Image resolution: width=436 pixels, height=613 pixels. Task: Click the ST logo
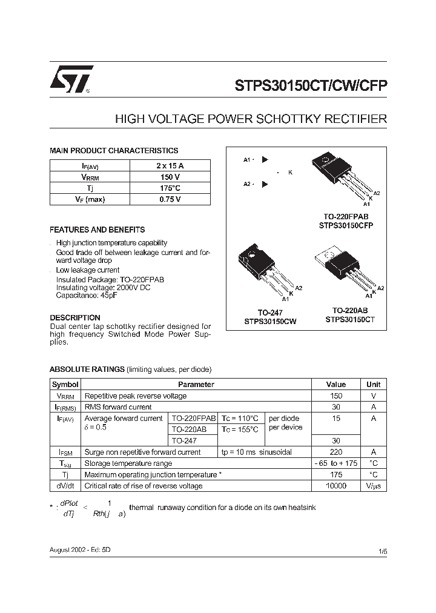(x=71, y=79)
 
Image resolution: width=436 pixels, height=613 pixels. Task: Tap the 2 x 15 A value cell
(x=170, y=165)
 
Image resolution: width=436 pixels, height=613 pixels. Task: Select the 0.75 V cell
(x=170, y=199)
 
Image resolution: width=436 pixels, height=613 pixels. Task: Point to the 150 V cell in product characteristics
(x=170, y=177)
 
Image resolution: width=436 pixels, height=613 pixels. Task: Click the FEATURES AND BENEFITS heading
(x=97, y=230)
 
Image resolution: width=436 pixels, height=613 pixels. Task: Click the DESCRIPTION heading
(x=74, y=317)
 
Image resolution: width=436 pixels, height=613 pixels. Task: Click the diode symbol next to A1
(x=265, y=160)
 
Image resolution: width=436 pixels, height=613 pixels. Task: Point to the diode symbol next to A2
(x=265, y=184)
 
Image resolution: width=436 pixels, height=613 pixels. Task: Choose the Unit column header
(x=373, y=384)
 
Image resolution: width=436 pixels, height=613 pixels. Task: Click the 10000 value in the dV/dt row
(x=336, y=486)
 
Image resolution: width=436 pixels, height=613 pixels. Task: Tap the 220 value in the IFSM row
(x=336, y=452)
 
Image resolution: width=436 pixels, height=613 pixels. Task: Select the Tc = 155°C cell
(x=240, y=429)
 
